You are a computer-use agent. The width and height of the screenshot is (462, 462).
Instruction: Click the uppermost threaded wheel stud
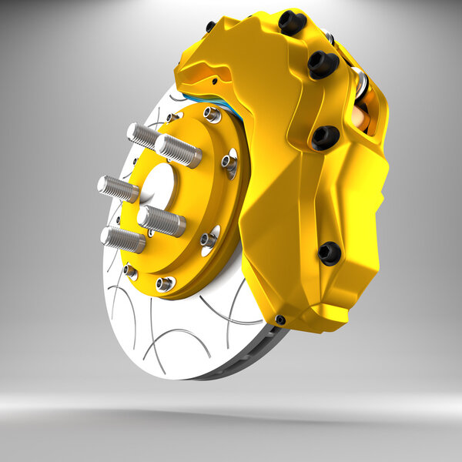pyautogui.click(x=142, y=136)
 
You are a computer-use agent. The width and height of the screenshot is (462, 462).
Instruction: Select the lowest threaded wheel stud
pyautogui.click(x=122, y=239)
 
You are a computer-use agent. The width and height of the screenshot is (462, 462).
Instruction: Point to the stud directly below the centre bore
pyautogui.click(x=162, y=221)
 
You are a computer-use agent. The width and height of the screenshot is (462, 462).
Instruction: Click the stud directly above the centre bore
pyautogui.click(x=178, y=150)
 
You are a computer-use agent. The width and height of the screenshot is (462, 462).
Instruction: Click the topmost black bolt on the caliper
pyautogui.click(x=293, y=22)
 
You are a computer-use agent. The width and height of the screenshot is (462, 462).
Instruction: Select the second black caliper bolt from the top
pyautogui.click(x=323, y=64)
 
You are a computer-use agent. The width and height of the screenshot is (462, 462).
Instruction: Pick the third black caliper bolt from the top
pyautogui.click(x=326, y=137)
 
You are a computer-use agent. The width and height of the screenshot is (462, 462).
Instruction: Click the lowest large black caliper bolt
pyautogui.click(x=330, y=253)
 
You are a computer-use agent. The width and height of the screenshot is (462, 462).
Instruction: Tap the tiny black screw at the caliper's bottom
pyautogui.click(x=280, y=320)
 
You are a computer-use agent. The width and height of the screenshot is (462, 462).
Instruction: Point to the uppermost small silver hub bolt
pyautogui.click(x=212, y=115)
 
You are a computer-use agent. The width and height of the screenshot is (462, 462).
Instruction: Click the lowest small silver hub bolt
pyautogui.click(x=165, y=284)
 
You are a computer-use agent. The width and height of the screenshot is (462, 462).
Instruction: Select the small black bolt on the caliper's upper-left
pyautogui.click(x=210, y=27)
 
